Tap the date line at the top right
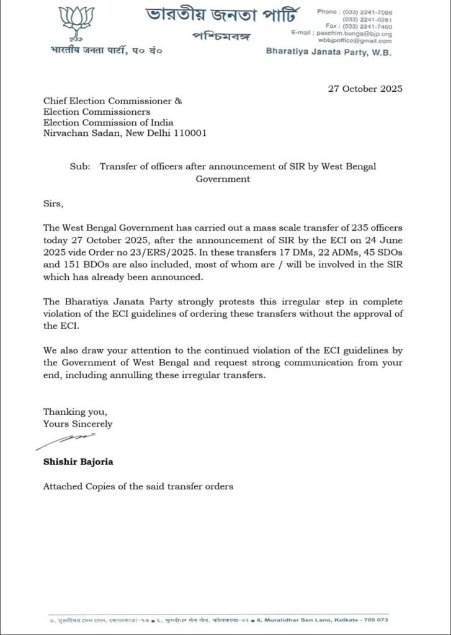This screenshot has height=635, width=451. [x=365, y=88]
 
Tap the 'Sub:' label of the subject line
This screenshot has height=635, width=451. [x=79, y=167]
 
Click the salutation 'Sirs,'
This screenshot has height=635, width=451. [x=53, y=202]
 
